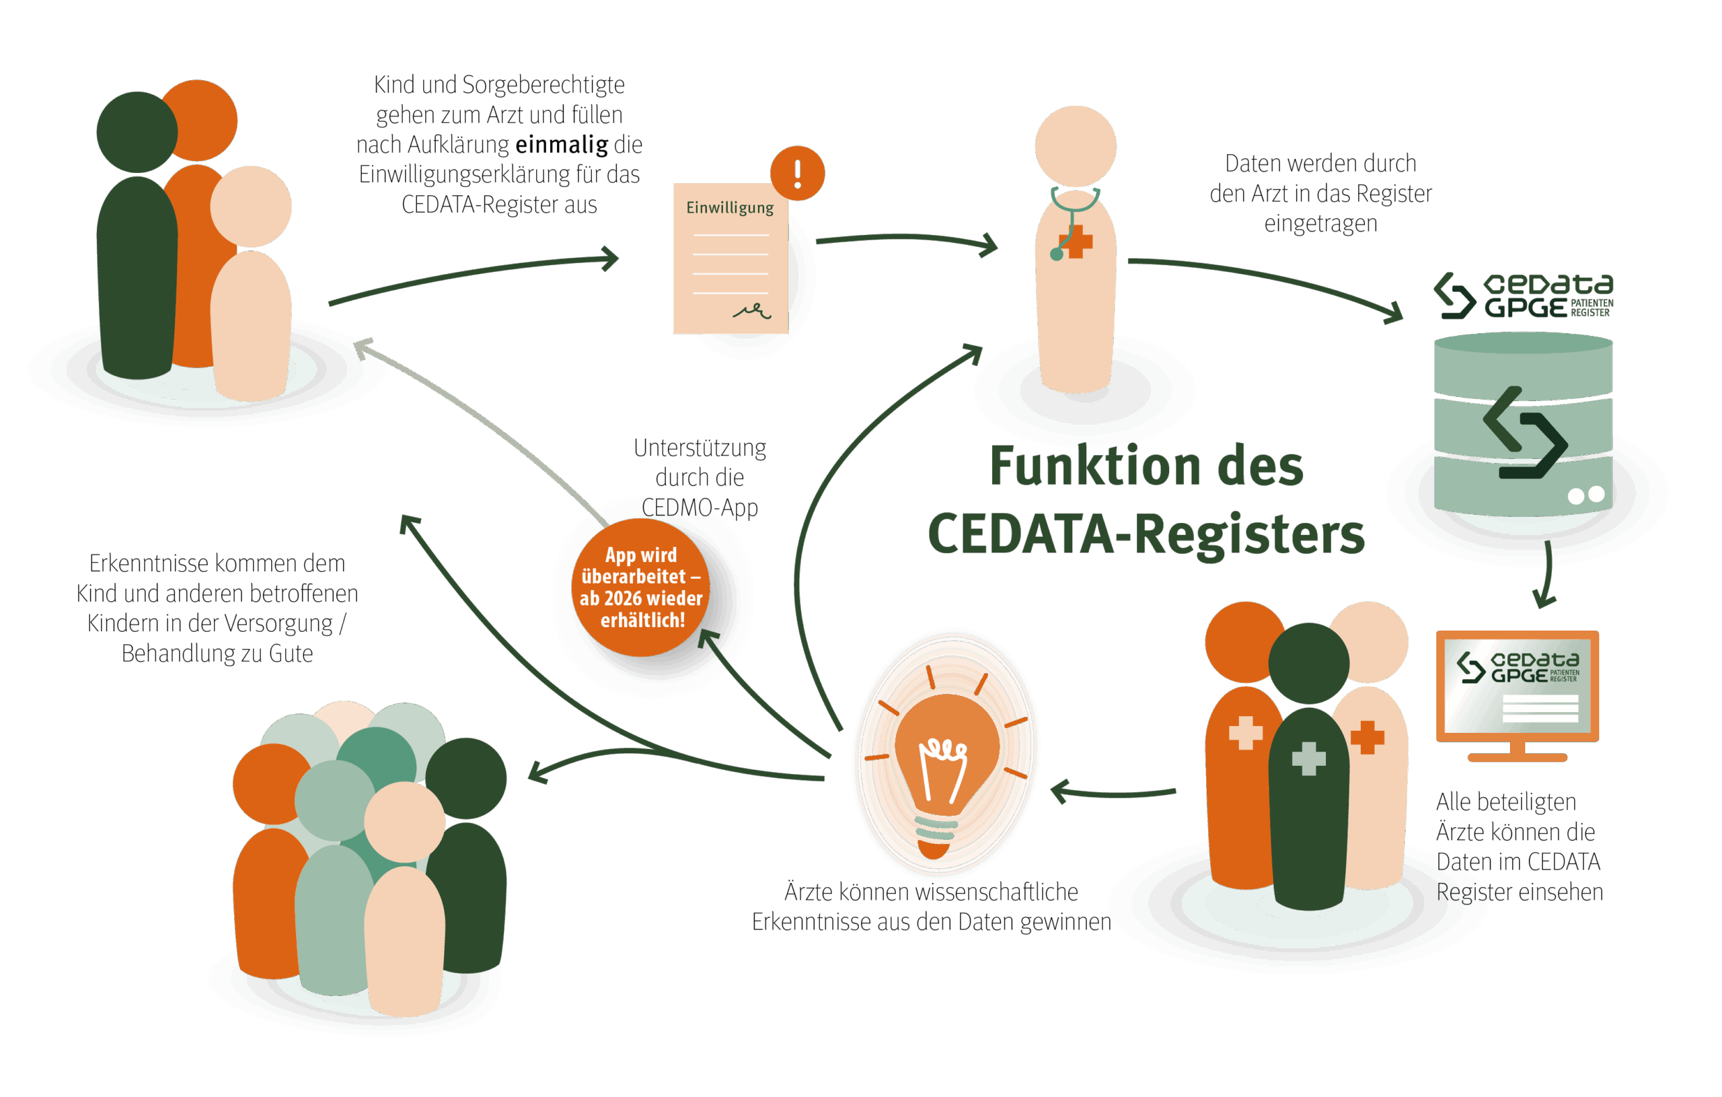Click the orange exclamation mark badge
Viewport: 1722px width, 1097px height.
pyautogui.click(x=797, y=172)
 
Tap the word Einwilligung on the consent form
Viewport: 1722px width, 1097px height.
pyautogui.click(x=729, y=207)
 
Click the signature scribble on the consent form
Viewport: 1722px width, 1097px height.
pyautogui.click(x=751, y=310)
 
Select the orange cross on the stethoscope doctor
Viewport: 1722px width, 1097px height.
pyautogui.click(x=1077, y=241)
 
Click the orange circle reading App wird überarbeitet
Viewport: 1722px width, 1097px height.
pyautogui.click(x=642, y=587)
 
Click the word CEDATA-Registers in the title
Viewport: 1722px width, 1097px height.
pyautogui.click(x=1146, y=534)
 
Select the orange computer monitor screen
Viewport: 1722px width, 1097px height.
pyautogui.click(x=1518, y=687)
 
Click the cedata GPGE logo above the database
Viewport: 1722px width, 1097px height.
pyautogui.click(x=1523, y=295)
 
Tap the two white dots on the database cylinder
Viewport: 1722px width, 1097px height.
pyautogui.click(x=1586, y=495)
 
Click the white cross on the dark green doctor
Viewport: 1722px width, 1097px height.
pyautogui.click(x=1309, y=758)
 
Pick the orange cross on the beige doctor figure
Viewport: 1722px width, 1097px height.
pyautogui.click(x=1368, y=737)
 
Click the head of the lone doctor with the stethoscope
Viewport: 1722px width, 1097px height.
pyautogui.click(x=1076, y=146)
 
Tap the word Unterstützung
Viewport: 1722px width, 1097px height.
pyautogui.click(x=700, y=448)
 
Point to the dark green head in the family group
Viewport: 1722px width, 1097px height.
pyautogui.click(x=137, y=133)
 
